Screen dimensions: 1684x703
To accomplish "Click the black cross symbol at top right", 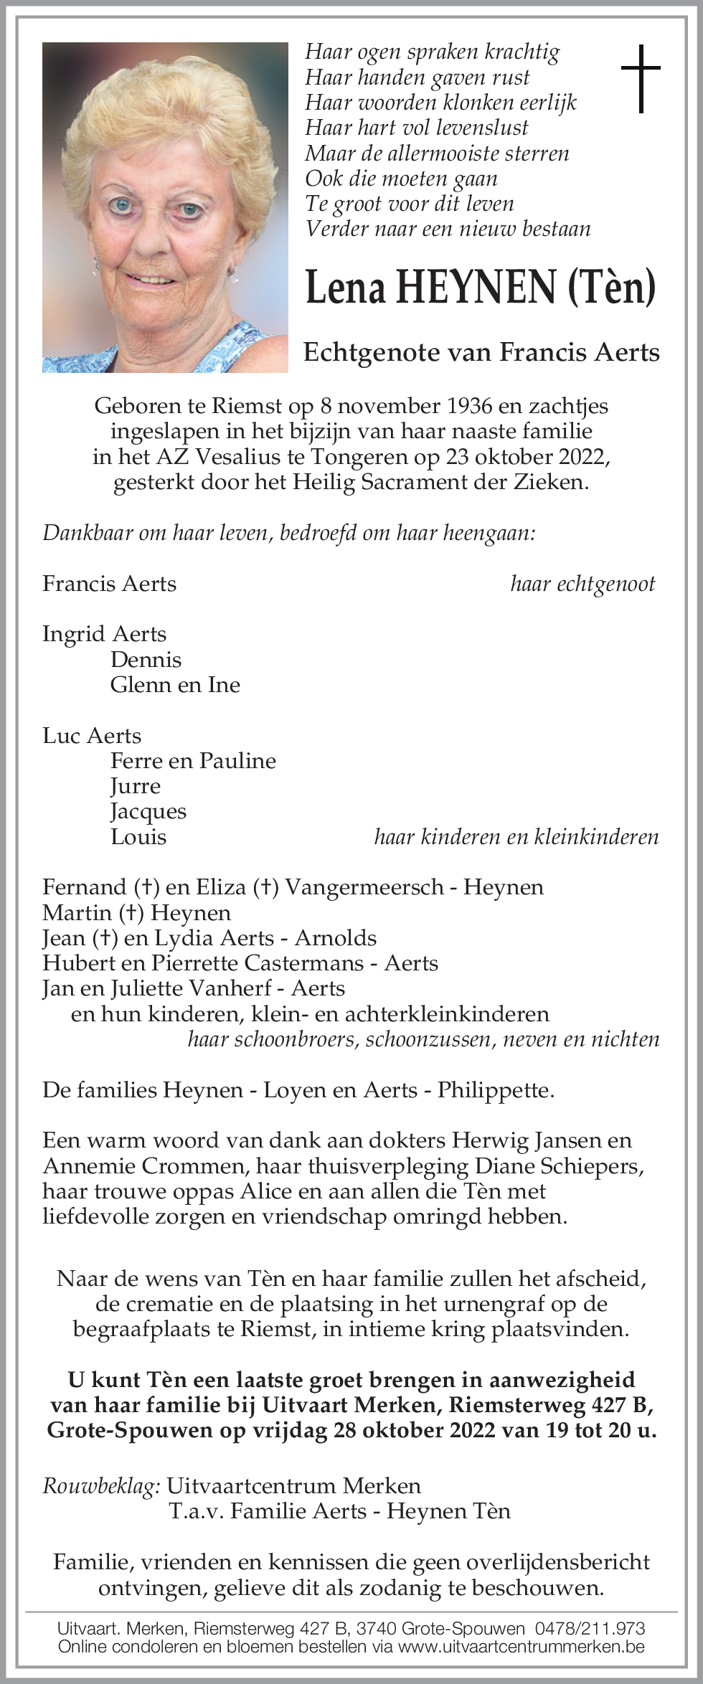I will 640,79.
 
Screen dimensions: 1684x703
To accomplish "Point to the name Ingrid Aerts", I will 104,634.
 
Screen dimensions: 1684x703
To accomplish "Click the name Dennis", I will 146,660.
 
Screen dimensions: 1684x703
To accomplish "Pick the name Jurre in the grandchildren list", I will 135,786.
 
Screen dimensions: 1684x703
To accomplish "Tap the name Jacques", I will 148,811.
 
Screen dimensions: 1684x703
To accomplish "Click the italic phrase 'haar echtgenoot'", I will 582,584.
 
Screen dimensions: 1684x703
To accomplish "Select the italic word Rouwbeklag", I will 100,1485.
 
